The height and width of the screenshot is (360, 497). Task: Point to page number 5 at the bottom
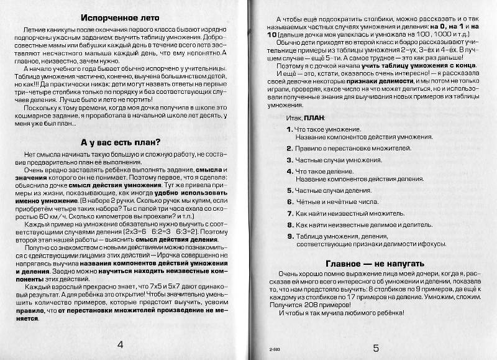click(x=376, y=348)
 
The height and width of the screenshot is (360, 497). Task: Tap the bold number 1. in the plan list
click(x=290, y=129)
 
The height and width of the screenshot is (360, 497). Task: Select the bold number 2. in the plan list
click(x=290, y=149)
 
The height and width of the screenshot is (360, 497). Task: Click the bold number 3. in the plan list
click(x=290, y=160)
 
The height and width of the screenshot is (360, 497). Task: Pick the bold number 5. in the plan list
click(x=290, y=191)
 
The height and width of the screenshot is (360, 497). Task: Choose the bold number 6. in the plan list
click(x=290, y=201)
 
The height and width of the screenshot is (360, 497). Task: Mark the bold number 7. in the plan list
click(x=290, y=213)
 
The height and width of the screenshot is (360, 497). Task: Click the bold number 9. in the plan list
click(x=290, y=236)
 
